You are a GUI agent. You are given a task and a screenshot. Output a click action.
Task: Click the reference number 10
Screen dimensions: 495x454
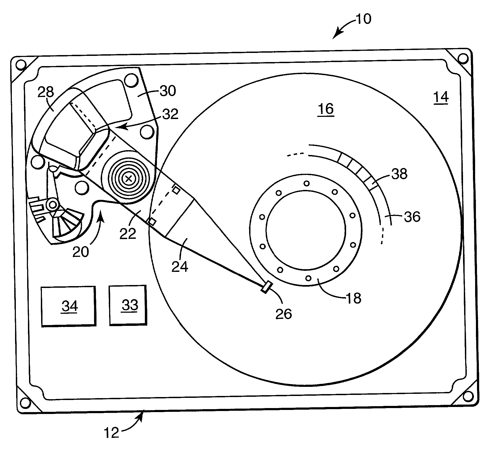tap(363, 19)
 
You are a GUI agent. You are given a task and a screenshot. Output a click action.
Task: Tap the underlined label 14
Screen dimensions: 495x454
tap(441, 97)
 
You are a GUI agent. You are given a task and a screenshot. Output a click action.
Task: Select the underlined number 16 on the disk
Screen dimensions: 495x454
tap(326, 109)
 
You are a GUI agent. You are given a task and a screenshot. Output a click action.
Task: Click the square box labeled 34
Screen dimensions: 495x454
tap(69, 306)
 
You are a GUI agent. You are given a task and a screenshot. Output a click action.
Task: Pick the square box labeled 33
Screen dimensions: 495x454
tap(128, 305)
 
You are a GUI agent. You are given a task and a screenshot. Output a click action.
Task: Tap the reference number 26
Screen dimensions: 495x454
tap(284, 314)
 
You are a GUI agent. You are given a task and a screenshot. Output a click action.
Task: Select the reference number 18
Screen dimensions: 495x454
tap(354, 298)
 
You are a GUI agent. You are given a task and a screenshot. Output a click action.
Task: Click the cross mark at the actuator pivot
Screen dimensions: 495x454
tap(128, 178)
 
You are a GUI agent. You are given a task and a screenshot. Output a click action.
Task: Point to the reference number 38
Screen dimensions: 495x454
tap(400, 174)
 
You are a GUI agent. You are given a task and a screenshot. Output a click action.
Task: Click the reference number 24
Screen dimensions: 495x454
tap(180, 267)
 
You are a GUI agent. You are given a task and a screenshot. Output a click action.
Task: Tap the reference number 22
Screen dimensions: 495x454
tap(128, 233)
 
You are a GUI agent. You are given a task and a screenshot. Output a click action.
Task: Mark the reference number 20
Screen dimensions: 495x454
tap(81, 252)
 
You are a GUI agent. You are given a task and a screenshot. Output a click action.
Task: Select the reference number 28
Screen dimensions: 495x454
tap(46, 92)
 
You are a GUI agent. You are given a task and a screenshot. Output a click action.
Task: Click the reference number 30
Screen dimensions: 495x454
tap(168, 91)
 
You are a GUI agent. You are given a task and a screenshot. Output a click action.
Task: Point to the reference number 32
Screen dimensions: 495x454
tap(170, 114)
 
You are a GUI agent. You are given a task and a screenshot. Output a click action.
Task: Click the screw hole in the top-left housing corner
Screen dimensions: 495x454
tap(20, 64)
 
